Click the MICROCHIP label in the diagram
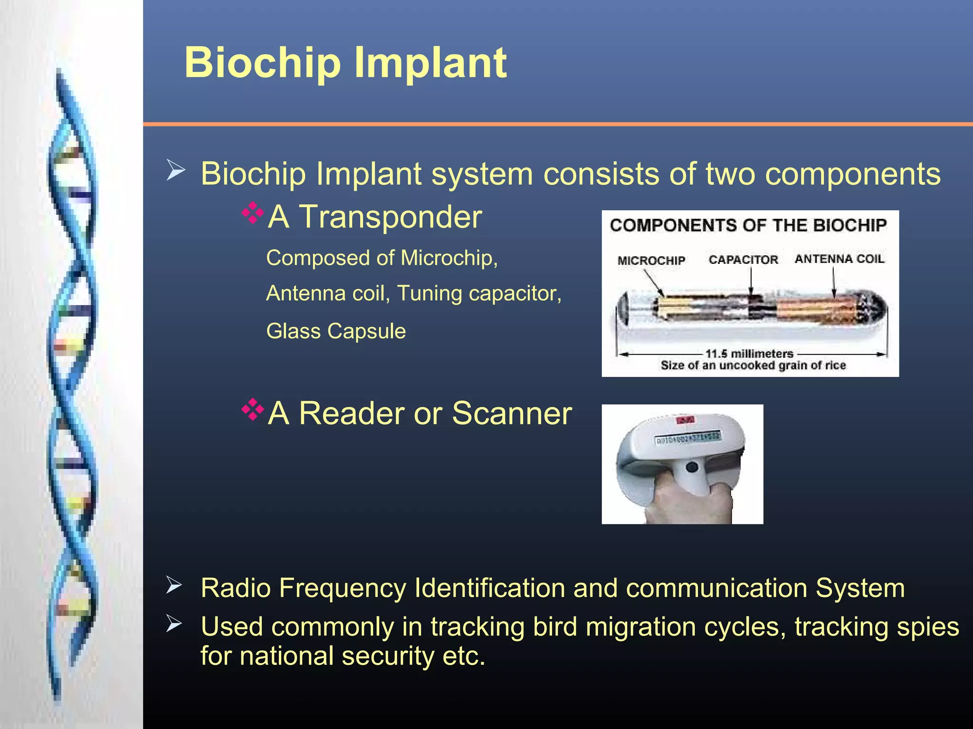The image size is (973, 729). (651, 261)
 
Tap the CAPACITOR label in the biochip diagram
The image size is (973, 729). (743, 260)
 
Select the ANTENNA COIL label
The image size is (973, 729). (839, 259)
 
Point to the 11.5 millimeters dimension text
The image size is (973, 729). (749, 354)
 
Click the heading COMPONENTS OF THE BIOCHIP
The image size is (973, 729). (748, 225)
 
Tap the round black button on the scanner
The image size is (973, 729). (692, 467)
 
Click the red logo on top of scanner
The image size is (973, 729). (685, 420)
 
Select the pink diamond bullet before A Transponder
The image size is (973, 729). (252, 213)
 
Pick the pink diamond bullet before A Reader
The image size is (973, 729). (252, 410)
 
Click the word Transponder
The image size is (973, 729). (390, 217)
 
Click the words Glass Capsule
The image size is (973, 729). (336, 331)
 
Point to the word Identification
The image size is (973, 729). (489, 588)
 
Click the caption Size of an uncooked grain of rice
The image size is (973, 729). (753, 365)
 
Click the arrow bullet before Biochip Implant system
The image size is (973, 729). (175, 170)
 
